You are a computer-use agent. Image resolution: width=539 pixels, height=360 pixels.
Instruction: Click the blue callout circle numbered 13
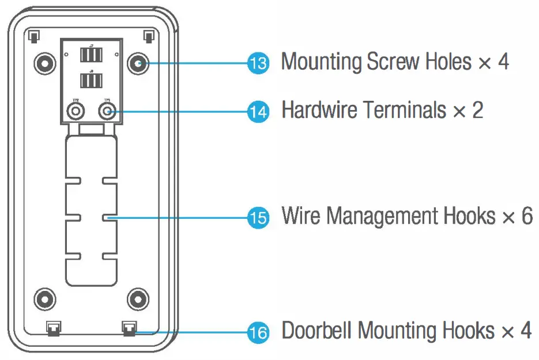(258, 63)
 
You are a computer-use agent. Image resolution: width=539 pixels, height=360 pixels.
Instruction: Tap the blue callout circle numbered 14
(258, 111)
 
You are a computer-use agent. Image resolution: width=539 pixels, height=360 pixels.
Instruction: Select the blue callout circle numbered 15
(258, 218)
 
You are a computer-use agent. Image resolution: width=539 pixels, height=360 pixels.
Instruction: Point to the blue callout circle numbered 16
(258, 332)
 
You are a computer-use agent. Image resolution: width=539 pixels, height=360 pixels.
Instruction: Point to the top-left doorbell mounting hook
(34, 36)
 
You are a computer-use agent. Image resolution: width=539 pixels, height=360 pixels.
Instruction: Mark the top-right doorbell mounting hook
(148, 36)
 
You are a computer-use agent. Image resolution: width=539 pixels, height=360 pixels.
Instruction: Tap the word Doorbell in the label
(318, 331)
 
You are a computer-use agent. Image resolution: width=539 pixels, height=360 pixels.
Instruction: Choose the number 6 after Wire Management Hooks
(526, 217)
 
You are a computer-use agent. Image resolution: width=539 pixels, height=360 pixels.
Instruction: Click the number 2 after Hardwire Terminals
(477, 109)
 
